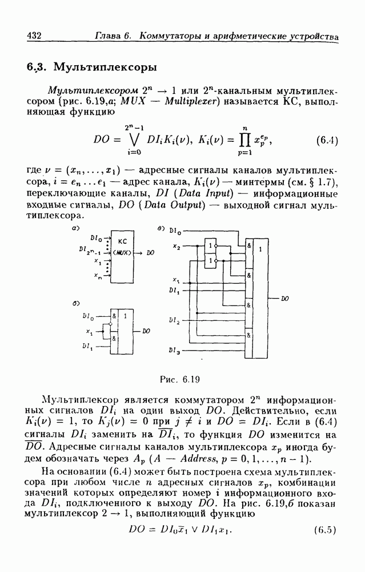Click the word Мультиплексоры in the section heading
[105, 67]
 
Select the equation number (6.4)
[327, 140]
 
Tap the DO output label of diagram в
[284, 299]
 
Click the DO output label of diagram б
[147, 331]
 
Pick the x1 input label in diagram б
[89, 331]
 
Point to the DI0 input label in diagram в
[175, 232]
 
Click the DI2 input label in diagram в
[175, 322]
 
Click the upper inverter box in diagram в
[212, 246]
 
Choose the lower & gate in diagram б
[115, 339]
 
